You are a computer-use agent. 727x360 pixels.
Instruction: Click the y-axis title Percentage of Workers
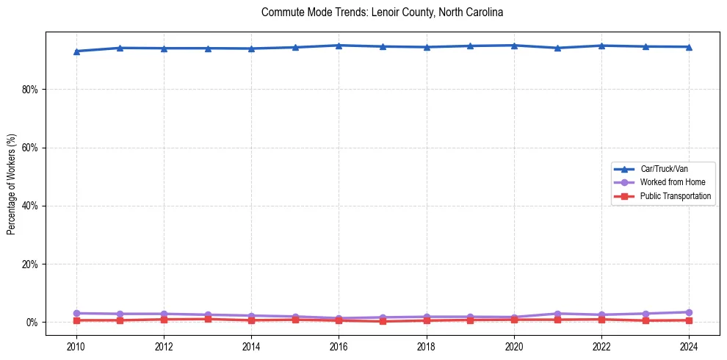[x=12, y=184]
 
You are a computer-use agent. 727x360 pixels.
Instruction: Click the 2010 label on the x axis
[x=76, y=346]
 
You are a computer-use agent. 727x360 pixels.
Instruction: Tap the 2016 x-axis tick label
[x=339, y=346]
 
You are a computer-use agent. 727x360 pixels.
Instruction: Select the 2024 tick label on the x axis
[x=688, y=346]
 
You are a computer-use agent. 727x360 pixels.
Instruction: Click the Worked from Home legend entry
[x=668, y=182]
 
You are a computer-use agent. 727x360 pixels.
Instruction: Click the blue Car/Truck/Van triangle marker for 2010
[x=76, y=51]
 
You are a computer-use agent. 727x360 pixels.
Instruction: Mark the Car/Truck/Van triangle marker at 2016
[x=339, y=46]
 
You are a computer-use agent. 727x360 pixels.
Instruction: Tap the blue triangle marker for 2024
[x=688, y=47]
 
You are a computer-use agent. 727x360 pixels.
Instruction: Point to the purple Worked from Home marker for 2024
[x=688, y=312]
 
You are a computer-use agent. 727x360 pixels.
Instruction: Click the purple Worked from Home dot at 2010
[x=76, y=314]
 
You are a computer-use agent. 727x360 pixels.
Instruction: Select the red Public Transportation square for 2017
[x=383, y=321]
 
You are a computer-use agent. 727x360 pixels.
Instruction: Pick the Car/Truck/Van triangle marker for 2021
[x=557, y=48]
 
